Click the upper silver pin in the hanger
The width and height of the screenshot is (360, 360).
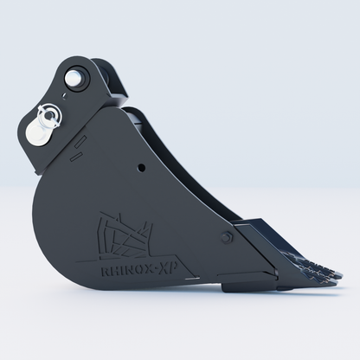73,77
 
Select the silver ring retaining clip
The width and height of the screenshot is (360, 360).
49,115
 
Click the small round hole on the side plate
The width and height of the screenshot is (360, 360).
141,168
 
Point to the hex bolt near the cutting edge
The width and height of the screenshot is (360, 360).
227,237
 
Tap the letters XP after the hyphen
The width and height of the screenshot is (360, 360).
170,268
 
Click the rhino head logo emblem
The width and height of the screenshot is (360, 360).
125,236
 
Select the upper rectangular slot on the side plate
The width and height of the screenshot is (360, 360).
80,142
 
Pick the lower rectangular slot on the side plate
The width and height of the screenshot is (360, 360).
76,156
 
